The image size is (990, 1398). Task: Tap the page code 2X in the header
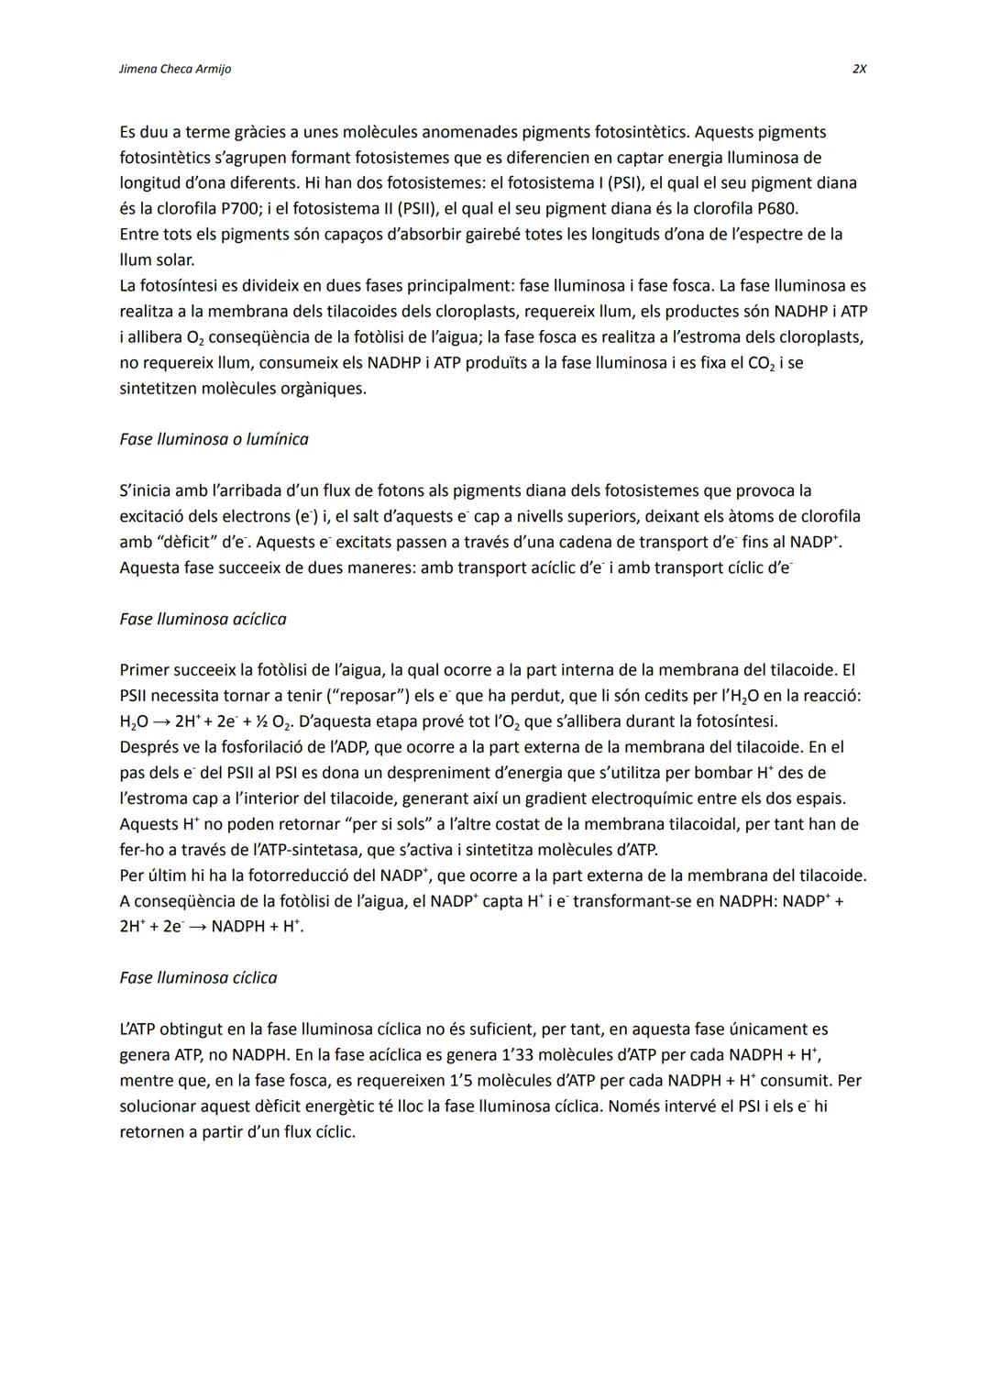859,70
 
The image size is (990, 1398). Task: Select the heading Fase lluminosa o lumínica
214,439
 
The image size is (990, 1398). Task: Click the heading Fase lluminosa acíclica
203,619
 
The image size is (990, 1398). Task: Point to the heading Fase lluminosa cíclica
198,977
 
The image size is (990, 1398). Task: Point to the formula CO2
761,363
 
